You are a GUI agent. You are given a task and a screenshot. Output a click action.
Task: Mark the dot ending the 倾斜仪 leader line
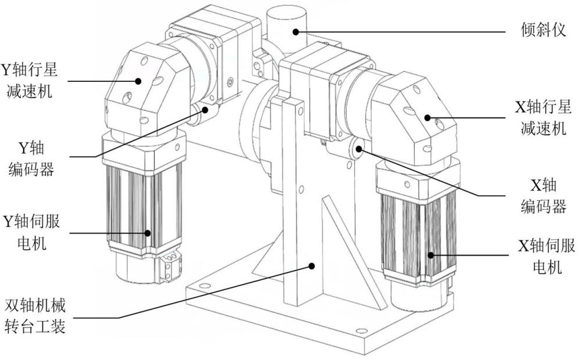point(296,31)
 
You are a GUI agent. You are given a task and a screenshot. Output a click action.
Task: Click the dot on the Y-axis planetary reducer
point(138,81)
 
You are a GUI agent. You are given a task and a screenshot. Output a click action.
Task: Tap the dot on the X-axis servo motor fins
point(431,254)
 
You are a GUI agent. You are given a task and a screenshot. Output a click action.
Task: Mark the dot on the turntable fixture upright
point(313,265)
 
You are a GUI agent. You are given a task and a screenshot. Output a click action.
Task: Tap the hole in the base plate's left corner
point(204,286)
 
